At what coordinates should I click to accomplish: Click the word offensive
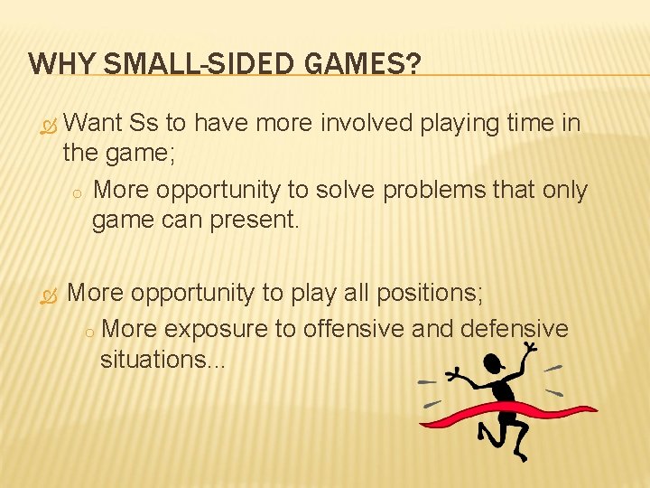pos(354,328)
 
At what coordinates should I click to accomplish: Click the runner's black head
pos(495,364)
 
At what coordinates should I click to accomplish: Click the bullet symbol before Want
pos(49,124)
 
